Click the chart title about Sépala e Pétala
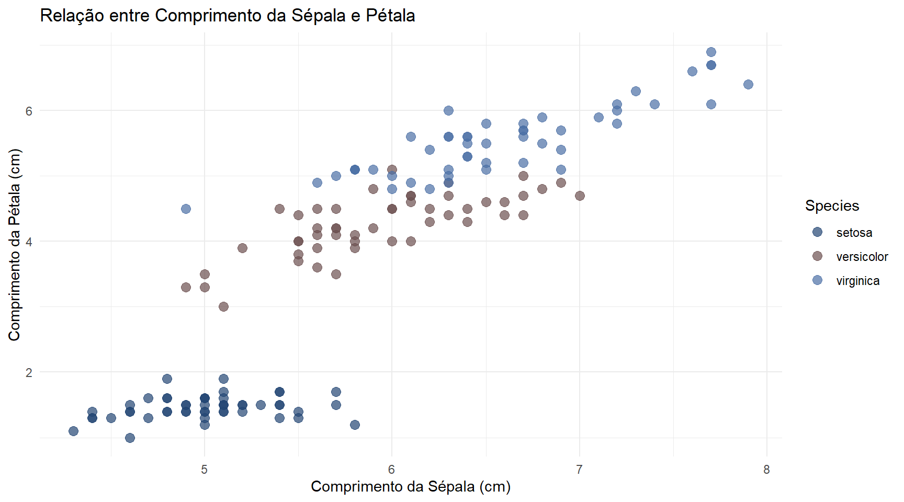[228, 16]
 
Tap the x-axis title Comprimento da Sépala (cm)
[411, 486]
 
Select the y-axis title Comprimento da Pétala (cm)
[14, 245]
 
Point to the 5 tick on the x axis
[205, 470]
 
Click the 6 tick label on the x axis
[392, 470]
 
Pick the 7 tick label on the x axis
[579, 470]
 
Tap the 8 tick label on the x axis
[766, 470]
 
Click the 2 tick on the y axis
[29, 372]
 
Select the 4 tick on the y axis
[29, 242]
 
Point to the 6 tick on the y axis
[29, 111]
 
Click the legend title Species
[832, 206]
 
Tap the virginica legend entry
[857, 281]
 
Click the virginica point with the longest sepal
[748, 85]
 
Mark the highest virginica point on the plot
[711, 52]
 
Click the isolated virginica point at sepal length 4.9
[186, 209]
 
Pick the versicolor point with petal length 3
[223, 306]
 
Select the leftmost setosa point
[73, 431]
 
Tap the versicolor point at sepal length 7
[580, 196]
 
